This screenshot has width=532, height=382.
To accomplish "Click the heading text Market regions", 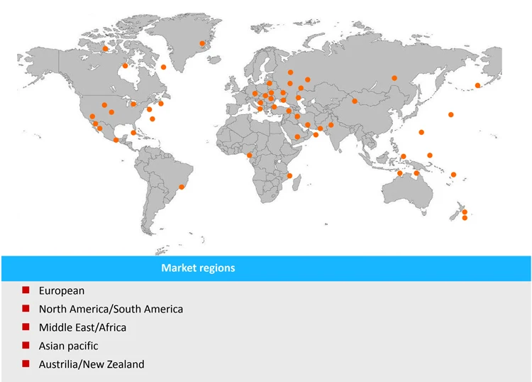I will [198, 268].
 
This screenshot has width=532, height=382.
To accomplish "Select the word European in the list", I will [62, 290].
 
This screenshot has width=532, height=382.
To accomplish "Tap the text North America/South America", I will [111, 309].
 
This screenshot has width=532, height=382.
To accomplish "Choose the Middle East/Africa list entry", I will [82, 327].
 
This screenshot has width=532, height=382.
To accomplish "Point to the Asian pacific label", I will [69, 346].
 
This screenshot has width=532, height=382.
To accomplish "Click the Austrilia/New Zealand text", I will [92, 364].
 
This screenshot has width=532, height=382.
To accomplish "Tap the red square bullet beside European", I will [26, 290].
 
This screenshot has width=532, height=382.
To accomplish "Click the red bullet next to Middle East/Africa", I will [26, 327].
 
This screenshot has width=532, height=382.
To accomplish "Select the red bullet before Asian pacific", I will [26, 346].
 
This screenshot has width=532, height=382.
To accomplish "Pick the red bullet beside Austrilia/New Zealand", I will [26, 364].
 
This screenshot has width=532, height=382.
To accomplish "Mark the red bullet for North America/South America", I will [26, 309].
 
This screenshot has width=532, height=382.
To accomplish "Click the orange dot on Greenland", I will [202, 43].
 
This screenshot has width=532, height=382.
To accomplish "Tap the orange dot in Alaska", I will [105, 49].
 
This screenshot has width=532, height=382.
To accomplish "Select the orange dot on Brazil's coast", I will [182, 187].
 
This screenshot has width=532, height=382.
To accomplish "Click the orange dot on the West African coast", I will [249, 155].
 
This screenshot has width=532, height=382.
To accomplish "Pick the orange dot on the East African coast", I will [289, 175].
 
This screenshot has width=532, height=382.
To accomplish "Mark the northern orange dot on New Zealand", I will [465, 212].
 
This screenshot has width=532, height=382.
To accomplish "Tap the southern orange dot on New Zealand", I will [465, 218].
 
